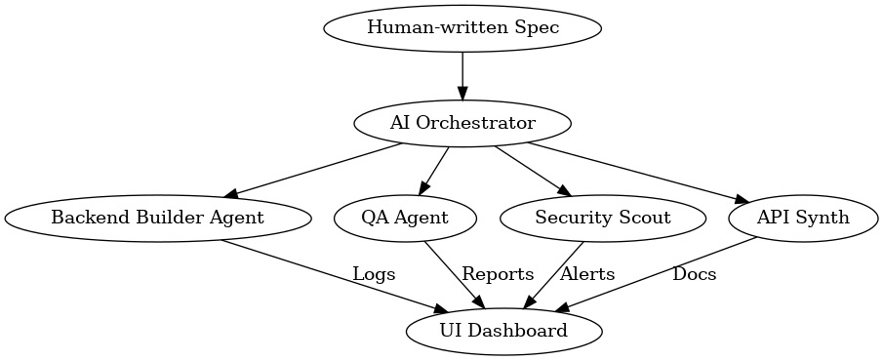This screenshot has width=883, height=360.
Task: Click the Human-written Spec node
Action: pos(462,27)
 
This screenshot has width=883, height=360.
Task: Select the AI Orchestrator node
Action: pos(462,123)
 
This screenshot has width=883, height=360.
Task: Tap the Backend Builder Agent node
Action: pos(157,218)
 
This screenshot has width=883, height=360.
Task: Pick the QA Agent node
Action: pos(406,218)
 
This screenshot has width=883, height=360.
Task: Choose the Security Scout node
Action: pos(602,218)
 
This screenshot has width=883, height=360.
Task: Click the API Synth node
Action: pos(803,218)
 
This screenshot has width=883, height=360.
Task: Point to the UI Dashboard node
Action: pos(502,331)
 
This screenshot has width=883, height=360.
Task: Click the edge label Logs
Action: pos(374,274)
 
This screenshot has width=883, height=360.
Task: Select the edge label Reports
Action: pos(498,274)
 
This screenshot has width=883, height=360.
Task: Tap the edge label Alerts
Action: pos(587,274)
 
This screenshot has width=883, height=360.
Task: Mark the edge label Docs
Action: pos(694,274)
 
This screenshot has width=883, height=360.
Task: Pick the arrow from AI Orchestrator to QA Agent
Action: pos(434,170)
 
